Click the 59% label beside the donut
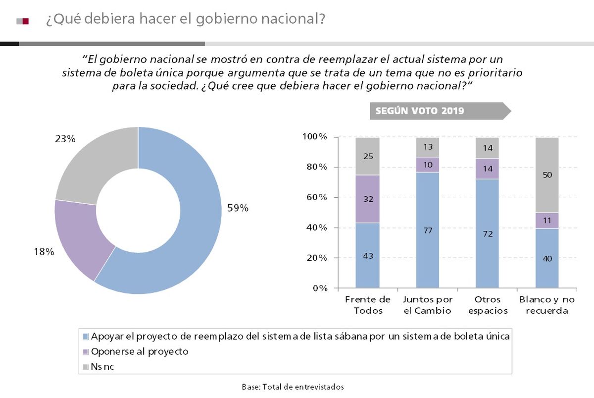tap(238, 208)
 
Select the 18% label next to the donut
tap(44, 252)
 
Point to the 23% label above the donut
tap(65, 139)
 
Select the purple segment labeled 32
tap(367, 199)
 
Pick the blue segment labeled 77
tap(427, 230)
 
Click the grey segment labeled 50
tap(547, 175)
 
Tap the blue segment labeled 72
tap(487, 233)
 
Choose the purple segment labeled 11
tap(547, 220)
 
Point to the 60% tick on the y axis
tap(315, 197)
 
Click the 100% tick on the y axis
tap(314, 137)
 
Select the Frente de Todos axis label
tap(367, 305)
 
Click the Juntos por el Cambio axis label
tap(427, 305)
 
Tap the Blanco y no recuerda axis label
tap(547, 305)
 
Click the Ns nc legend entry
tap(102, 367)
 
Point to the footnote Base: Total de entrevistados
tap(293, 387)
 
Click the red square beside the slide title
tap(26, 21)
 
